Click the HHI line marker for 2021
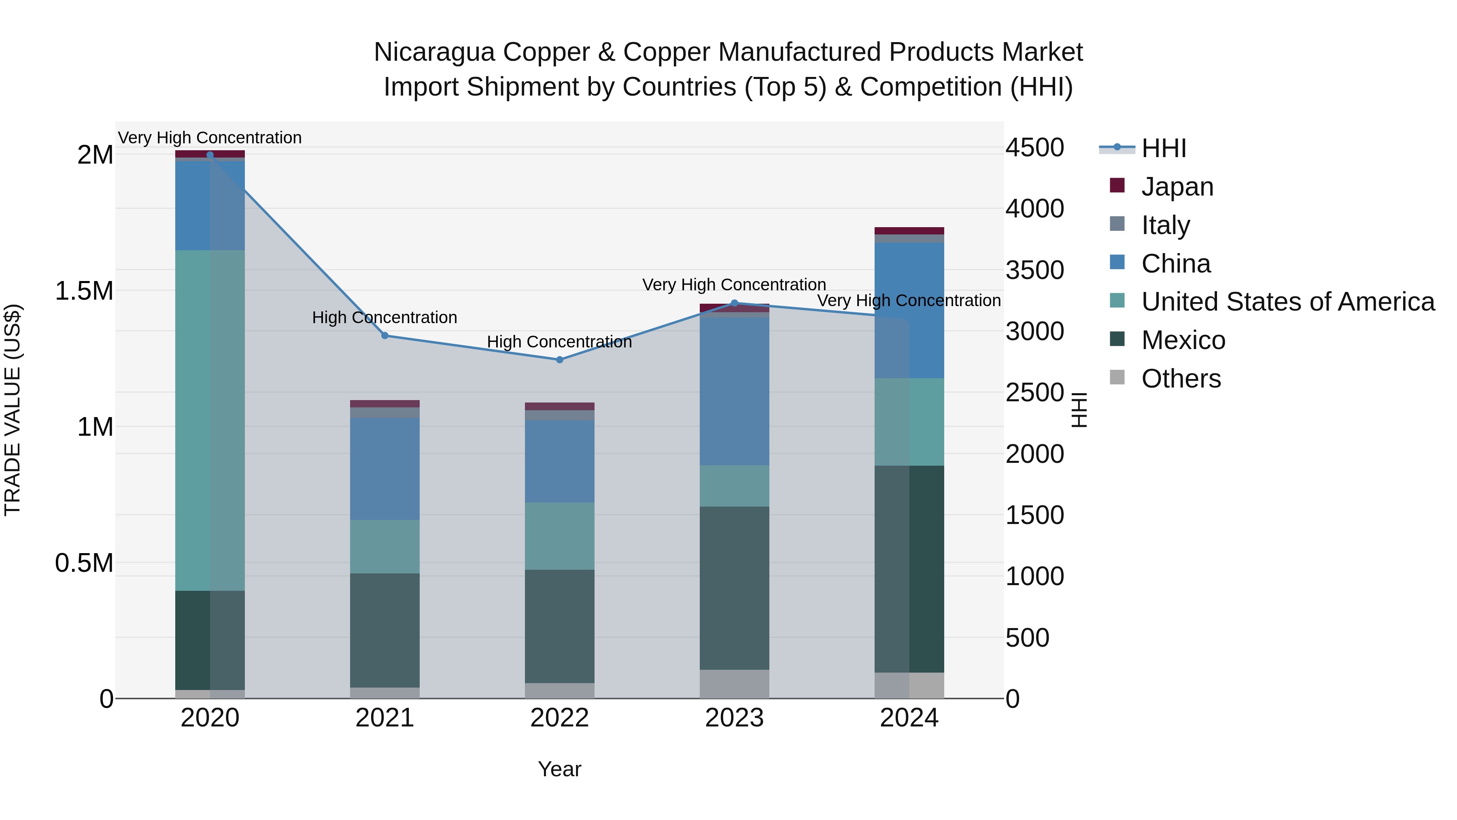[384, 336]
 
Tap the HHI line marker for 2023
[734, 303]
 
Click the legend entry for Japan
[1177, 187]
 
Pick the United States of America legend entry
[1287, 302]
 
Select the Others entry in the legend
[1181, 379]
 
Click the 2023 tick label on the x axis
[734, 718]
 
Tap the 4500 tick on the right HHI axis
[1034, 148]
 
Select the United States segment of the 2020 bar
[210, 420]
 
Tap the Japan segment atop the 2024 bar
[909, 231]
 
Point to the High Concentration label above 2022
[559, 342]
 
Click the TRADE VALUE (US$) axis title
[13, 410]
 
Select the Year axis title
[559, 769]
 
